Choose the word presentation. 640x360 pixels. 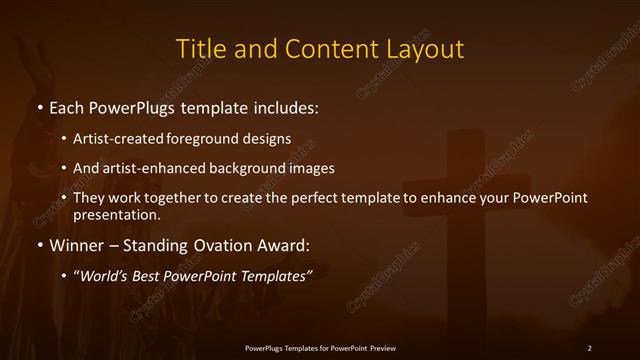click(116, 214)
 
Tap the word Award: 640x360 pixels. click(285, 245)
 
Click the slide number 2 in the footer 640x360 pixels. click(589, 348)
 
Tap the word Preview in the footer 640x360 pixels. click(380, 348)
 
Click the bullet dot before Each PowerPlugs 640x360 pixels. click(39, 106)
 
